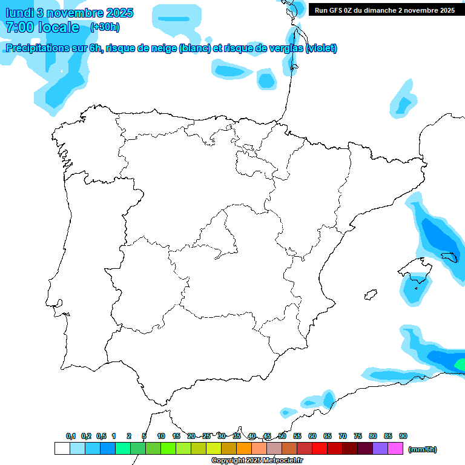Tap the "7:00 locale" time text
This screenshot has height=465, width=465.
[x=42, y=27]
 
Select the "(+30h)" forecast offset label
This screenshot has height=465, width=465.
[x=105, y=27]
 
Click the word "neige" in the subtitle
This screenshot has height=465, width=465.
[x=163, y=48]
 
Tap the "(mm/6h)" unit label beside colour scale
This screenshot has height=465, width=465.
[x=422, y=449]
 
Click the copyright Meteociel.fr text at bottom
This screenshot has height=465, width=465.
[x=257, y=460]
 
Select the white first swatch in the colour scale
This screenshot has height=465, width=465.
[x=62, y=449]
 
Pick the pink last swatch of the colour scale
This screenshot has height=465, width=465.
[x=395, y=449]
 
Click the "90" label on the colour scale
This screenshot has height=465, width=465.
[x=403, y=436]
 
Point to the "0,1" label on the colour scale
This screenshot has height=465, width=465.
[x=71, y=436]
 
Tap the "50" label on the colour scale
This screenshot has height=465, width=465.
[x=282, y=436]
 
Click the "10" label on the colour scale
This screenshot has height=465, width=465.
[x=161, y=436]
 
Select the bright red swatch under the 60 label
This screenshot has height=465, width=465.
[x=320, y=449]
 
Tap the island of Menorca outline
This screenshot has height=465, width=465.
[x=453, y=258]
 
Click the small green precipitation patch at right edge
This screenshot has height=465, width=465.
[x=461, y=364]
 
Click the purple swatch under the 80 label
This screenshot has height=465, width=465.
[x=380, y=449]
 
